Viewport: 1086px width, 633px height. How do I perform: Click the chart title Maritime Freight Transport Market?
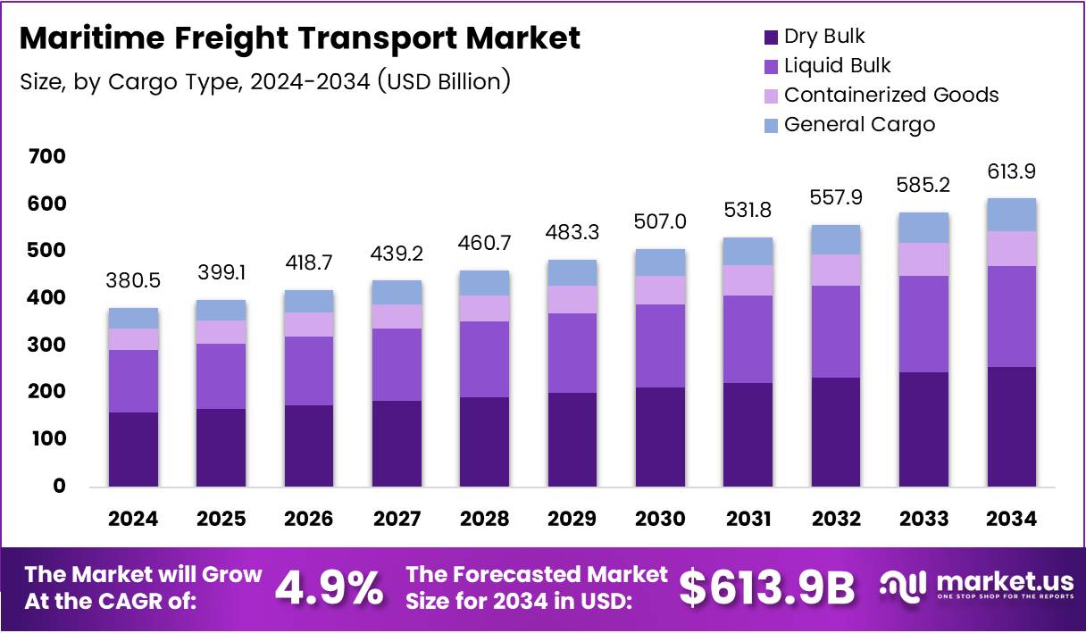[299, 38]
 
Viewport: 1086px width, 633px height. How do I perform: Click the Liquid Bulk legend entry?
[837, 66]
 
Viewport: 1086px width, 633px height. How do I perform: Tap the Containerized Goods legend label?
[890, 96]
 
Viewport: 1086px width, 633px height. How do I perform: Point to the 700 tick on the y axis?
[46, 157]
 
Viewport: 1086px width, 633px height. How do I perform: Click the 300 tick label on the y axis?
[46, 346]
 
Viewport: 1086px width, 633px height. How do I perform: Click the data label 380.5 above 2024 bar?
[133, 281]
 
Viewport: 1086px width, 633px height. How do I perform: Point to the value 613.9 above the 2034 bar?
[1012, 171]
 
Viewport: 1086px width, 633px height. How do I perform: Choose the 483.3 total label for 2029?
[572, 232]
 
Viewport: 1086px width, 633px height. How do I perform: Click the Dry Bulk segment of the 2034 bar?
[1012, 427]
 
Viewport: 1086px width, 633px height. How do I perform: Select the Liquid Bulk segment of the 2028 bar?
[485, 359]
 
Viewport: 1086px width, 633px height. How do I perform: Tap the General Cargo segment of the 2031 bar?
[748, 251]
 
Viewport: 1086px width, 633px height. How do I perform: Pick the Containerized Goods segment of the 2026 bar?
[309, 324]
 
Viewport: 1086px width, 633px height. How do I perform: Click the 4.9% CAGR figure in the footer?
[330, 588]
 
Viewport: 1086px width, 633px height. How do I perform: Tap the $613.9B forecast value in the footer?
[766, 588]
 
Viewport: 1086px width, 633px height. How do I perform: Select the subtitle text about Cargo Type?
[265, 81]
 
